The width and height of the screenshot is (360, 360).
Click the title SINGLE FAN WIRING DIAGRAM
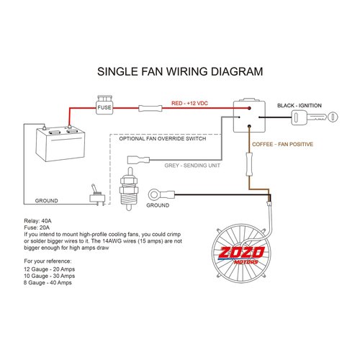179,72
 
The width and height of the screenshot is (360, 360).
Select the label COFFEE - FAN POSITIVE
283,145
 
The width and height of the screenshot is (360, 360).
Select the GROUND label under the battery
46,200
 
